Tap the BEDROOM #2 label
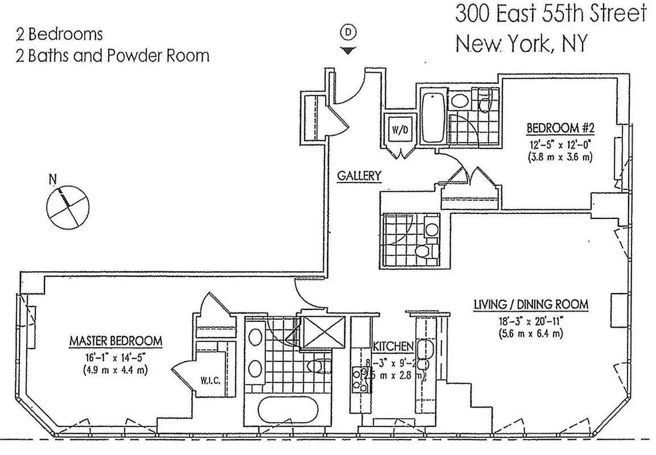(x=560, y=127)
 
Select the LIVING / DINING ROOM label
(x=530, y=305)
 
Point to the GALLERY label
(x=358, y=176)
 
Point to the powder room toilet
(x=423, y=251)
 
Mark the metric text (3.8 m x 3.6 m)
(x=560, y=157)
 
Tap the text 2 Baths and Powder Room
(x=113, y=55)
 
